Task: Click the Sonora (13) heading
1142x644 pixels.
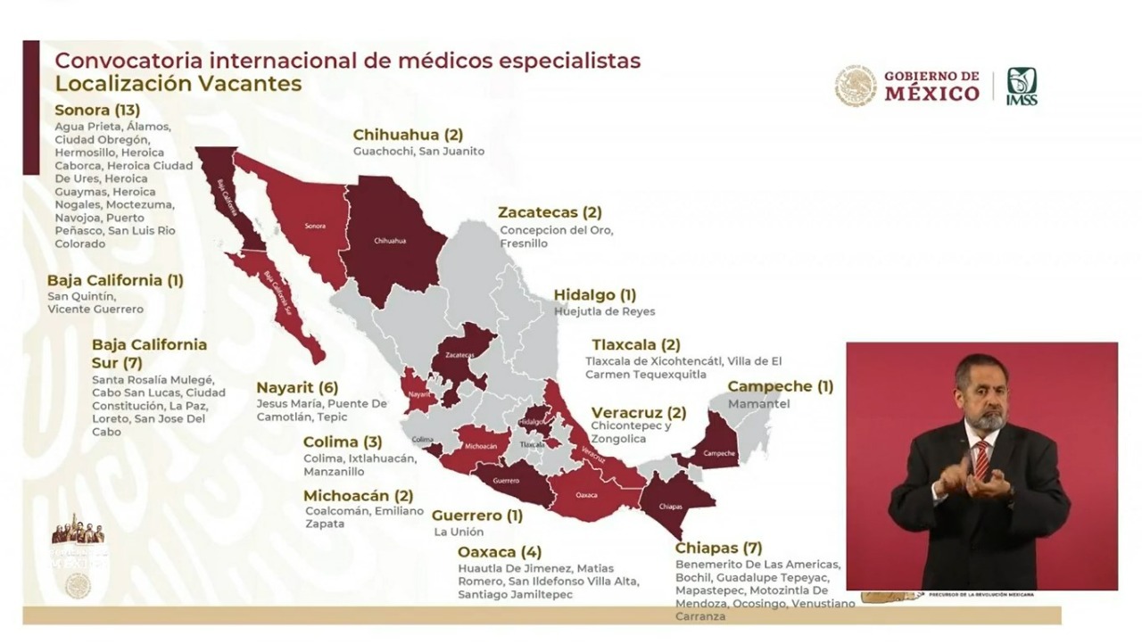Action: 97,111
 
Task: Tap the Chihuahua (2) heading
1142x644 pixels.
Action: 408,135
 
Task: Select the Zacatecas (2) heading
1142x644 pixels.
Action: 550,212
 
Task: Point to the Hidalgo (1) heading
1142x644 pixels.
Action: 595,294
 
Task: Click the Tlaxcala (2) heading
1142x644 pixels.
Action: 636,344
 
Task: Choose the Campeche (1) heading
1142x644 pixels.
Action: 781,386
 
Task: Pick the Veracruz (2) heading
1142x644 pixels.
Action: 639,412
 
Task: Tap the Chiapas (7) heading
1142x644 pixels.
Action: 718,548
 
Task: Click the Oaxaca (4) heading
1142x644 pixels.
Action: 499,551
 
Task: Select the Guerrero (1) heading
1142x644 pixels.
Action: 477,515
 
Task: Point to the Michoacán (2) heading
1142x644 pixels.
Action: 358,496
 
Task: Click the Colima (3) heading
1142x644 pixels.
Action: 343,442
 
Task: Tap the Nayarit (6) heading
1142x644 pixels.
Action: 298,387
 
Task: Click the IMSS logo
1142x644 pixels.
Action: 1022,87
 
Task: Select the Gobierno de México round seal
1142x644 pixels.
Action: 856,87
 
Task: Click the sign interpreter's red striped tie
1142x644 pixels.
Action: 981,458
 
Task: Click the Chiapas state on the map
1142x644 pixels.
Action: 673,503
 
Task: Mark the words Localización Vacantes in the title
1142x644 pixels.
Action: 178,84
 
